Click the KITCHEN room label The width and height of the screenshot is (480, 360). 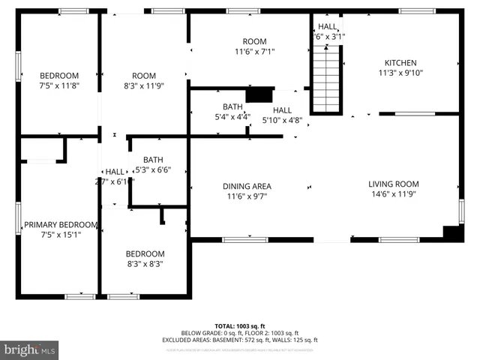[x=400, y=63]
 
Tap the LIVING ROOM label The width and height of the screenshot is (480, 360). [x=393, y=184]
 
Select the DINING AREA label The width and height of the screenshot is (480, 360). [x=247, y=186]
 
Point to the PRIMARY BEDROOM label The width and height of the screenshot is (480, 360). [x=61, y=224]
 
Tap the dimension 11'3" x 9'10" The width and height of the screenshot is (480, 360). [x=400, y=73]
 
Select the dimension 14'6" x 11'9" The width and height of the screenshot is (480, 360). [x=393, y=195]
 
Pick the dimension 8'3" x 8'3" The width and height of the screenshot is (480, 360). [x=145, y=264]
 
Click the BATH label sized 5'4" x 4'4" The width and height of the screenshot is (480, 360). [x=232, y=106]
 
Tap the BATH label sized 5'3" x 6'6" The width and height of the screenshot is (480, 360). [x=153, y=159]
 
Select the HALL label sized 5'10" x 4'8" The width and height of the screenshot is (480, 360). [x=281, y=109]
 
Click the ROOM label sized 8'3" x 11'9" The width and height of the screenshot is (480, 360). [x=143, y=75]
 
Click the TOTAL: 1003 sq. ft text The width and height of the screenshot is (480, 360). [x=239, y=326]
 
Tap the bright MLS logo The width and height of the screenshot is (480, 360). [x=30, y=349]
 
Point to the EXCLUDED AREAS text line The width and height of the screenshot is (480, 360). [x=239, y=339]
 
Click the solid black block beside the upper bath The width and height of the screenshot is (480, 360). [x=259, y=95]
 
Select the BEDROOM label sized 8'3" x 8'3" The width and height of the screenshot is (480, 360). [x=145, y=253]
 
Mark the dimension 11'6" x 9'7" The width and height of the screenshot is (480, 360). [x=247, y=196]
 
